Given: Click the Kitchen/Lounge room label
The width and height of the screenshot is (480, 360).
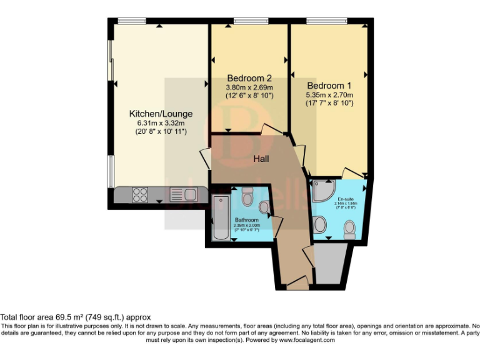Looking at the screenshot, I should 161,114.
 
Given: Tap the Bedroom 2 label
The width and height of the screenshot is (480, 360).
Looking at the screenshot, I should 249,79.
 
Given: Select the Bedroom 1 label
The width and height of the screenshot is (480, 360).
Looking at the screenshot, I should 330,85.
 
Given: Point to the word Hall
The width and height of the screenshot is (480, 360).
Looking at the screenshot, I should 261,159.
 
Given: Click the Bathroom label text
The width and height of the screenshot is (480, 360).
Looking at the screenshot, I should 246,220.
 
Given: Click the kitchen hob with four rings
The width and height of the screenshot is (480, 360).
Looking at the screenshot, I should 139,195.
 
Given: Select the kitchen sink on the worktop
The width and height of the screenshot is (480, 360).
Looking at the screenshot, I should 182,195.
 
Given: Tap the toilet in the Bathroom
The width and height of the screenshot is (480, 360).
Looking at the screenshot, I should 246,199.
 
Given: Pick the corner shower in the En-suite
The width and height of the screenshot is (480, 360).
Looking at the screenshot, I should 323,191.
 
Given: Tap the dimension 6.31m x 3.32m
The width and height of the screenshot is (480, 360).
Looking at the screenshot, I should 161,123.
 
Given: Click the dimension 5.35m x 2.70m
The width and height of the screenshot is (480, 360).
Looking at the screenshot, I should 330,95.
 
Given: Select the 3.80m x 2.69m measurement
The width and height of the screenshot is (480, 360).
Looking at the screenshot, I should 249,88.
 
